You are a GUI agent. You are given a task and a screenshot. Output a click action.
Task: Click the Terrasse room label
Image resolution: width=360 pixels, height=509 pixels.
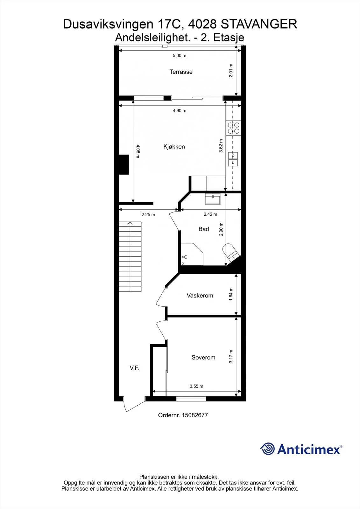(181, 72)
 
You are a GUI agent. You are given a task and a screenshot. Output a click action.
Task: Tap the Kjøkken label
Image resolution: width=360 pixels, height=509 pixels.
(174, 147)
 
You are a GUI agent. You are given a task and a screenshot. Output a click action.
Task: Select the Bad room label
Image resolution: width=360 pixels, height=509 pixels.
(203, 229)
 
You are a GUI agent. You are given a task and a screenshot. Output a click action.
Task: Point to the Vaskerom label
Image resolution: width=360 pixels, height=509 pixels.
(200, 296)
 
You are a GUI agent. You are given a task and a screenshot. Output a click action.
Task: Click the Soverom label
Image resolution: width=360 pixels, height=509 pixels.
(203, 358)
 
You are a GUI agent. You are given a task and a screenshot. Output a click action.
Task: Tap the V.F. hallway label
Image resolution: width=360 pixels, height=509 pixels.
(134, 368)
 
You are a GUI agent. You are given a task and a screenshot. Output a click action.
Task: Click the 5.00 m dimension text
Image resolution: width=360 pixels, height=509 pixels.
(180, 55)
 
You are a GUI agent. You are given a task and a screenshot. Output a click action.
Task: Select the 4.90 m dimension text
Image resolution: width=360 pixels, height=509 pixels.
(180, 111)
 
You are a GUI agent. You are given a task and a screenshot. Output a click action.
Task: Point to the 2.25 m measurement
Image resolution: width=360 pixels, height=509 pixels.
(148, 214)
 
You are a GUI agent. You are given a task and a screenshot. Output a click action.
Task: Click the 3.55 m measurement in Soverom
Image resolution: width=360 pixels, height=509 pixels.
(196, 386)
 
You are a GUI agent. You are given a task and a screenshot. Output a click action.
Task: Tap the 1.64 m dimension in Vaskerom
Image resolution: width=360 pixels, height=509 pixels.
(231, 294)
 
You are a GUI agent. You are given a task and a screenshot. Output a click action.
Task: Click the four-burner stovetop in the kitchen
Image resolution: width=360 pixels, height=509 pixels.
(234, 128)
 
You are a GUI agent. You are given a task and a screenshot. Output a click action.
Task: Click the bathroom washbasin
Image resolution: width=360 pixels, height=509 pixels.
(213, 199)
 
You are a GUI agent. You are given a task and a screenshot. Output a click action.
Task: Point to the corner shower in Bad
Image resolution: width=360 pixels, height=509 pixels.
(192, 254)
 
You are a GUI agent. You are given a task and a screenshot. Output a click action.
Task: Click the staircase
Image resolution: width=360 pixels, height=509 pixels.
(130, 256)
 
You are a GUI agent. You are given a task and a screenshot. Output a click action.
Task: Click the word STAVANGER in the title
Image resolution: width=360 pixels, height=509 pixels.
(259, 24)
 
